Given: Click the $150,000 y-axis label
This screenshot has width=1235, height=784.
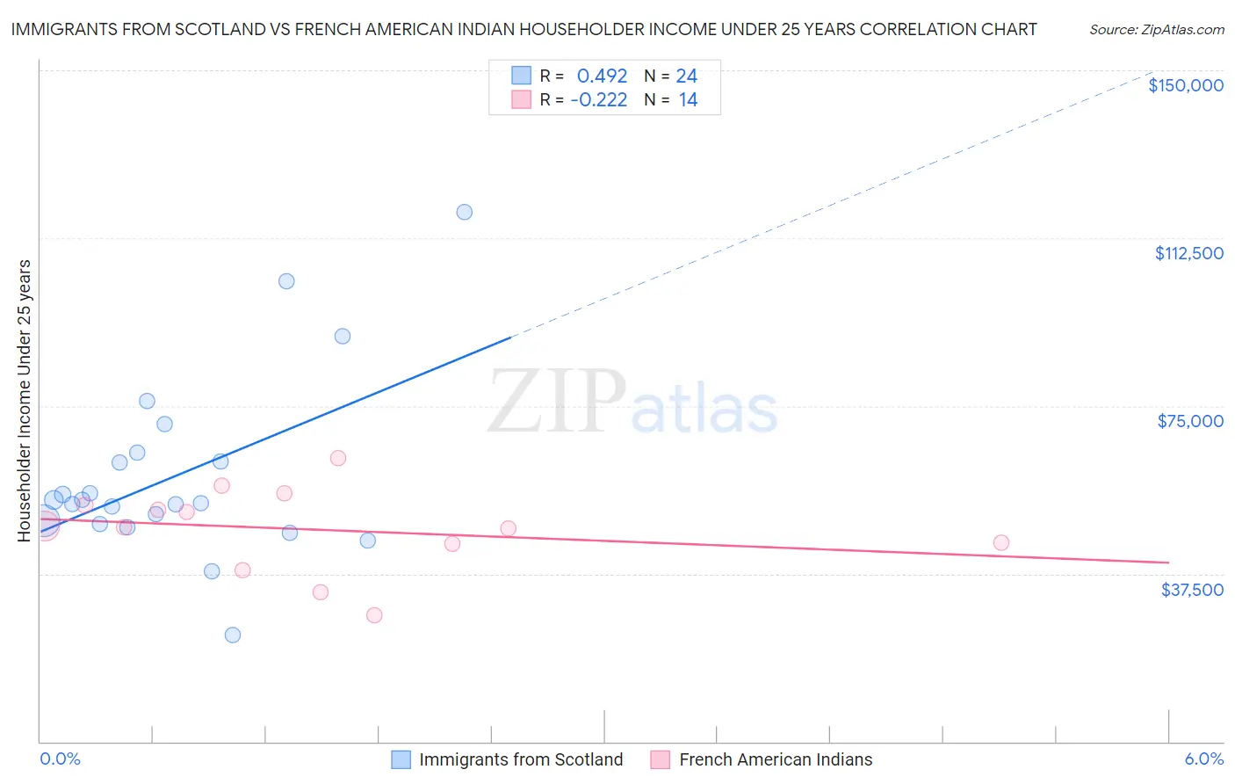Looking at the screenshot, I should (x=1185, y=85).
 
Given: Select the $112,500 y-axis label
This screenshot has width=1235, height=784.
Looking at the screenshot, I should (x=1188, y=253).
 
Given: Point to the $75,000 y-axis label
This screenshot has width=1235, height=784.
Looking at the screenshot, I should (x=1190, y=421).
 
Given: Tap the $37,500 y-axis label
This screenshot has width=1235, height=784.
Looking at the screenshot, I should (x=1192, y=590).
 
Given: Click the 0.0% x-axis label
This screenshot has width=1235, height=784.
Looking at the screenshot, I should (x=60, y=759).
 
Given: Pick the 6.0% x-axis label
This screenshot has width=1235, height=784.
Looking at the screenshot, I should (x=1203, y=759).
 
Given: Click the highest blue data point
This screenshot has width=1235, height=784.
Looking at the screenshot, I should (x=465, y=212).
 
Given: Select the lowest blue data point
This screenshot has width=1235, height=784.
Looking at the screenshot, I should (x=233, y=635).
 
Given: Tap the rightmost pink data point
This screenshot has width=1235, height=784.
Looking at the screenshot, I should (x=1001, y=542).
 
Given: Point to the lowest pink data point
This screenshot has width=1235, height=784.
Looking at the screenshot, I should (x=374, y=615).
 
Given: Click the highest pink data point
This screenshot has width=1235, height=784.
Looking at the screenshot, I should (x=338, y=458).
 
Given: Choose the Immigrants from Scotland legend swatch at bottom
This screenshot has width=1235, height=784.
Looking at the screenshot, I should (x=401, y=759).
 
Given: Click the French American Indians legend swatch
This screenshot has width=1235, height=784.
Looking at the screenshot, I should (x=661, y=759).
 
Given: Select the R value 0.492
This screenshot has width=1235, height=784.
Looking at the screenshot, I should (x=602, y=76).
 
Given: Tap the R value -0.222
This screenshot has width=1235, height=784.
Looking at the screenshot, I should (x=599, y=100).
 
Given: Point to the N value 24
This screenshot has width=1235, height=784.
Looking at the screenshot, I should (x=687, y=76).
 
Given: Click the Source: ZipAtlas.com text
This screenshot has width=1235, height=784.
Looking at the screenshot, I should (x=1156, y=30).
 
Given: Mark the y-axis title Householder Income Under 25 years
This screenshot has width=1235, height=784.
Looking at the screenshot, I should (x=25, y=400).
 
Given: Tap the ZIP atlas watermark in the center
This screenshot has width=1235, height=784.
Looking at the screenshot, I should (x=632, y=403).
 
